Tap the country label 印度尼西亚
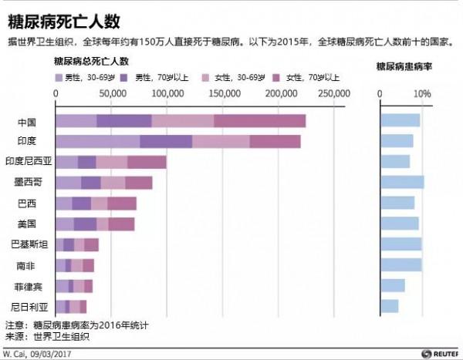pos(29,162)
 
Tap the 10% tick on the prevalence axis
pos(422,93)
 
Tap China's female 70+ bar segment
pos(259,120)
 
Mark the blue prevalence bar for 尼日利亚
pos(390,307)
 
